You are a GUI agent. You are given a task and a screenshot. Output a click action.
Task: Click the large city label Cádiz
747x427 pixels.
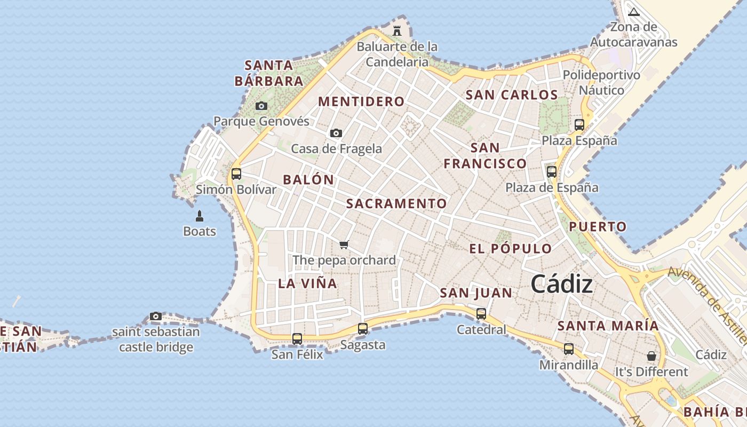point(561,283)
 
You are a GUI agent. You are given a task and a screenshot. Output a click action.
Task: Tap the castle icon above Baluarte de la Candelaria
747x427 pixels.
point(397,31)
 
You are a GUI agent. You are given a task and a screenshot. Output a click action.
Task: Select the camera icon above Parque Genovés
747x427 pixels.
point(261,106)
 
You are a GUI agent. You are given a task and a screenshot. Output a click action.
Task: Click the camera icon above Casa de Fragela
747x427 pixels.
point(336,133)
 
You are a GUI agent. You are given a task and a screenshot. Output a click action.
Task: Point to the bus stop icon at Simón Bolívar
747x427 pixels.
point(236,173)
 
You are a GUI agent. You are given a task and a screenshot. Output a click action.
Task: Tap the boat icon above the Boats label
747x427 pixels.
point(200,216)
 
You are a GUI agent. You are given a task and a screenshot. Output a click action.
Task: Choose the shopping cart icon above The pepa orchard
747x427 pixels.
point(344,245)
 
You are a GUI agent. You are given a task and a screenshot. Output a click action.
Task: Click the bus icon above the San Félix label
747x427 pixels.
point(297,338)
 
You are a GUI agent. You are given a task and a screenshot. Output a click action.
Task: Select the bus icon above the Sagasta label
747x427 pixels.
point(363,329)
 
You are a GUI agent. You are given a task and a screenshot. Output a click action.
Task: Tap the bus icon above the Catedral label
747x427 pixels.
point(481,314)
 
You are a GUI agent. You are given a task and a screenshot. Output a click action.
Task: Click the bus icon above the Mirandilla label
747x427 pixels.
point(569,349)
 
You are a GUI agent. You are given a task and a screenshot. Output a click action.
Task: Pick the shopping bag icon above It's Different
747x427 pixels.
point(651,355)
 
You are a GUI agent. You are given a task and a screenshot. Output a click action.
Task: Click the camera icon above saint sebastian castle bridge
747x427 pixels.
point(156,316)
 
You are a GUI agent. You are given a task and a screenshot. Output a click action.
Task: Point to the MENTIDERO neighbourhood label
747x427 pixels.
point(361,101)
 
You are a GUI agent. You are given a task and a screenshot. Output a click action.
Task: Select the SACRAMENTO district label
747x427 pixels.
point(396,203)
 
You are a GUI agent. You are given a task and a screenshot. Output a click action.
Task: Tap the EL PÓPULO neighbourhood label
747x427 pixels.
point(510,249)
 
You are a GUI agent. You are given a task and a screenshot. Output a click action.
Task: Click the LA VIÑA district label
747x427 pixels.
point(307,283)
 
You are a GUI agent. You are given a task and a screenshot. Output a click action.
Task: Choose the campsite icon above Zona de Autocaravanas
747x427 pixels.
point(634,12)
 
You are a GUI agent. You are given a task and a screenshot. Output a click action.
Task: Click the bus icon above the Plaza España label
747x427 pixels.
point(579,125)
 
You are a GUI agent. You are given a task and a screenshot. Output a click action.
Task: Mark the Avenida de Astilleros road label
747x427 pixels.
point(707,304)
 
